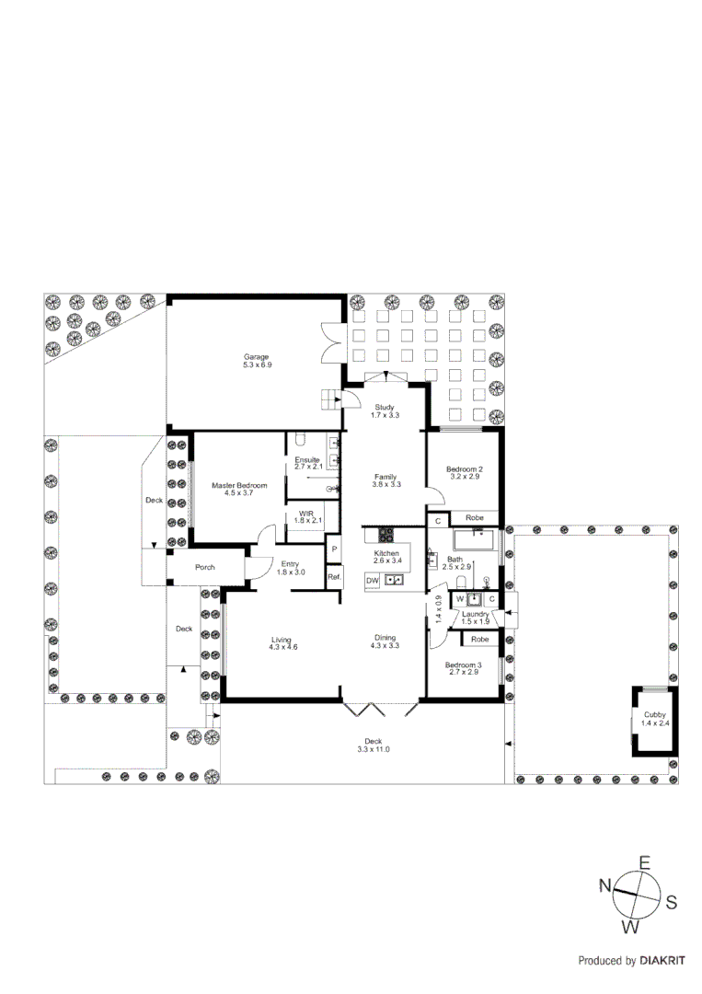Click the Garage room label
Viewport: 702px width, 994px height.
[256, 357]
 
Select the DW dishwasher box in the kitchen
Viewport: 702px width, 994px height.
[373, 580]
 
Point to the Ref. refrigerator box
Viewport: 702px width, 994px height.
[334, 577]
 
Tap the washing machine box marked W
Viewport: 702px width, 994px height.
[460, 599]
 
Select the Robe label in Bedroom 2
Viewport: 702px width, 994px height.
[475, 518]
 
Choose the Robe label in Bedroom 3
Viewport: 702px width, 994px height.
[479, 639]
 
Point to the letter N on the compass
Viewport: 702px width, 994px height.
[605, 885]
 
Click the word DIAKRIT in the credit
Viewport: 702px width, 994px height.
[662, 960]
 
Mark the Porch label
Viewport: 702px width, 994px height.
[205, 567]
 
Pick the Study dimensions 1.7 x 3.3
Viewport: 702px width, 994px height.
[385, 416]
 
